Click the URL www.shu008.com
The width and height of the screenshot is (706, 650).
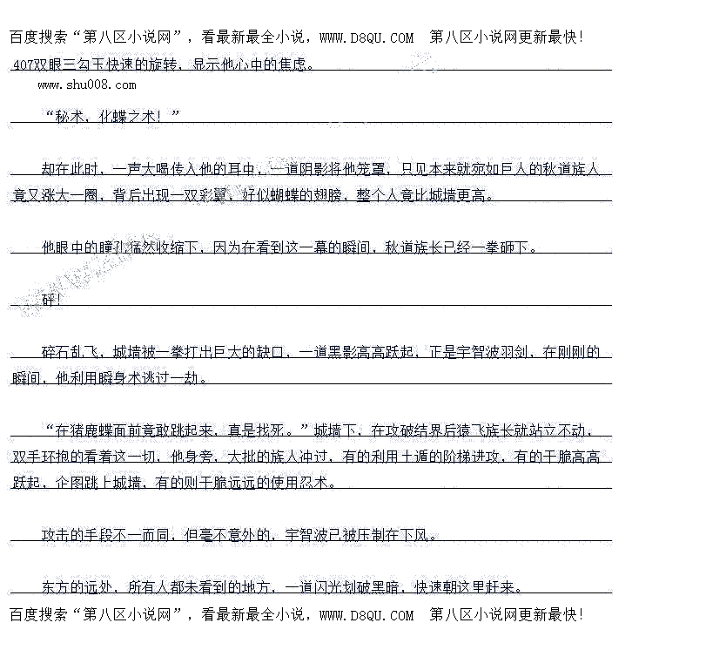(87, 85)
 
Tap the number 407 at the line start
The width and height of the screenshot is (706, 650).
(24, 64)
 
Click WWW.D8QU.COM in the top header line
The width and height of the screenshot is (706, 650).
(366, 37)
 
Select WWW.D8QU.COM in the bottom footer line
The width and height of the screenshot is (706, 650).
(366, 615)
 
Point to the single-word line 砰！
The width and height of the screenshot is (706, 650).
(51, 300)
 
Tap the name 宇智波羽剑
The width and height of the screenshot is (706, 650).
(493, 352)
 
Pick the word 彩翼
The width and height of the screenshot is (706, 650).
(213, 195)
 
